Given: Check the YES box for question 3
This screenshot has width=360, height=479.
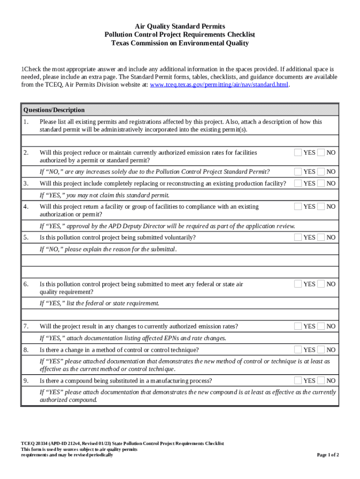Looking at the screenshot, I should [298, 183].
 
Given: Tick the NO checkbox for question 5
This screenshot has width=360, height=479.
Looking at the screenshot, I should [321, 237].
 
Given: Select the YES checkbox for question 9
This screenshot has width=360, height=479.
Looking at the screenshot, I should [298, 380].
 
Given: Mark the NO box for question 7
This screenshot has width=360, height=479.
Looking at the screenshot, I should [321, 326].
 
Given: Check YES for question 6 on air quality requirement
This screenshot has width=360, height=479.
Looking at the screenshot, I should [298, 283].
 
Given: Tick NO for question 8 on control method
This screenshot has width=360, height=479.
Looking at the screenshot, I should [321, 349].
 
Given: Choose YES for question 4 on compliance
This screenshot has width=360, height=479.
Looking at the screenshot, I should [298, 206].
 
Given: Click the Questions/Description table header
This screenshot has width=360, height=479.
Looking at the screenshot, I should [54, 110].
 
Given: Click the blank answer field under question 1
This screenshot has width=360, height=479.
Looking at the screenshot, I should [180, 140].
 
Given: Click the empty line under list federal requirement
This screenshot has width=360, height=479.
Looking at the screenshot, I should [180, 314].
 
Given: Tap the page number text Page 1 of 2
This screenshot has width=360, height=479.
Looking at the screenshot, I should [328, 455].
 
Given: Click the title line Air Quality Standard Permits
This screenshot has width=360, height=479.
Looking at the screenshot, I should [180, 26].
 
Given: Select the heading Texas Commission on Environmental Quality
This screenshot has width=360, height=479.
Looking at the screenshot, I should [180, 43].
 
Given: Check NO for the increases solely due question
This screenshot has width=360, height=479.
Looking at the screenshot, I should [321, 172].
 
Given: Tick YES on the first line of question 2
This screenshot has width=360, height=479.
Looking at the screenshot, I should [298, 152].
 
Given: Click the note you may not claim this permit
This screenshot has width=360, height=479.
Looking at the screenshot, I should [104, 195].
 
